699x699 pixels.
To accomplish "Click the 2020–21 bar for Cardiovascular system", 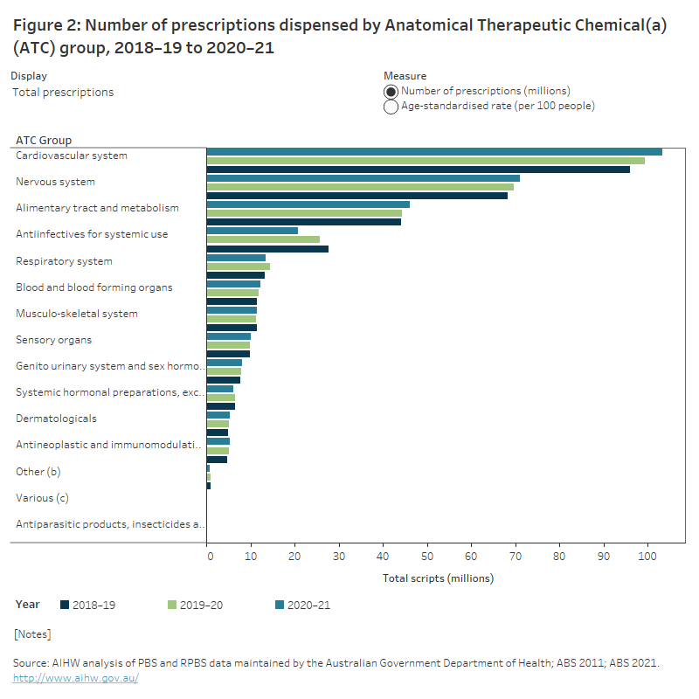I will click(x=434, y=152).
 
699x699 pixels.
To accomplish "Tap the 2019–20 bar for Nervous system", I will click(x=360, y=187).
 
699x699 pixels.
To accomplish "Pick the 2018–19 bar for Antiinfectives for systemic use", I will click(x=267, y=249).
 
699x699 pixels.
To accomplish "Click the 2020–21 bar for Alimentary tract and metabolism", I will click(x=308, y=204).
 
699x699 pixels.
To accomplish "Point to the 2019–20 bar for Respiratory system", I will click(x=238, y=266).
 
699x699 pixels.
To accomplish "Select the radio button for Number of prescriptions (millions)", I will click(x=391, y=92).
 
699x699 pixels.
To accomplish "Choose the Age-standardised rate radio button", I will click(x=391, y=107).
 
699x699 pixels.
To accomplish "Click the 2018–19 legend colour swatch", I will click(x=64, y=605).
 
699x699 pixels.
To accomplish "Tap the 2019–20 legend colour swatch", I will click(x=171, y=605).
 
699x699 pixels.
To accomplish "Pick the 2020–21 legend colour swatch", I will click(x=280, y=605).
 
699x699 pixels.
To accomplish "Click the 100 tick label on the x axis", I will click(x=647, y=554).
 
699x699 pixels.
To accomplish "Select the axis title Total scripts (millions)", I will click(x=438, y=578).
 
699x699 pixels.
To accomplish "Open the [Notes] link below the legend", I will click(x=32, y=633).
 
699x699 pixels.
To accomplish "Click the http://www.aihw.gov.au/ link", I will click(x=75, y=678).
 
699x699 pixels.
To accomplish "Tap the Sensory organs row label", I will click(x=53, y=340).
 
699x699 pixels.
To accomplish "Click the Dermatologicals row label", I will click(x=56, y=419).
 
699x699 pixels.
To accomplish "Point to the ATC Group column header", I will click(x=44, y=140).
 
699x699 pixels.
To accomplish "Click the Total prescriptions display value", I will click(x=63, y=92).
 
